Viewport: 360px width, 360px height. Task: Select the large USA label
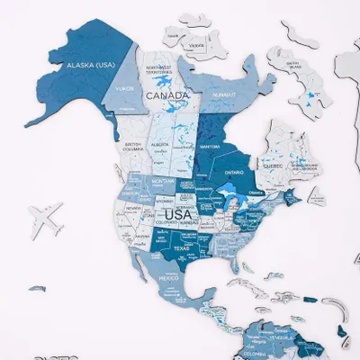click(177, 213)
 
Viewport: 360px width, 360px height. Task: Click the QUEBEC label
click(273, 166)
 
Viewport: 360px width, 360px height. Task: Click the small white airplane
click(47, 217)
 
